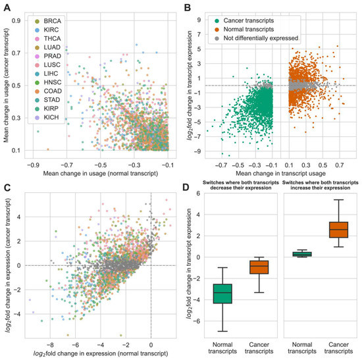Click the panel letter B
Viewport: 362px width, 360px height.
(188, 5)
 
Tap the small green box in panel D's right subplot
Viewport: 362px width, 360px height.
(301, 254)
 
